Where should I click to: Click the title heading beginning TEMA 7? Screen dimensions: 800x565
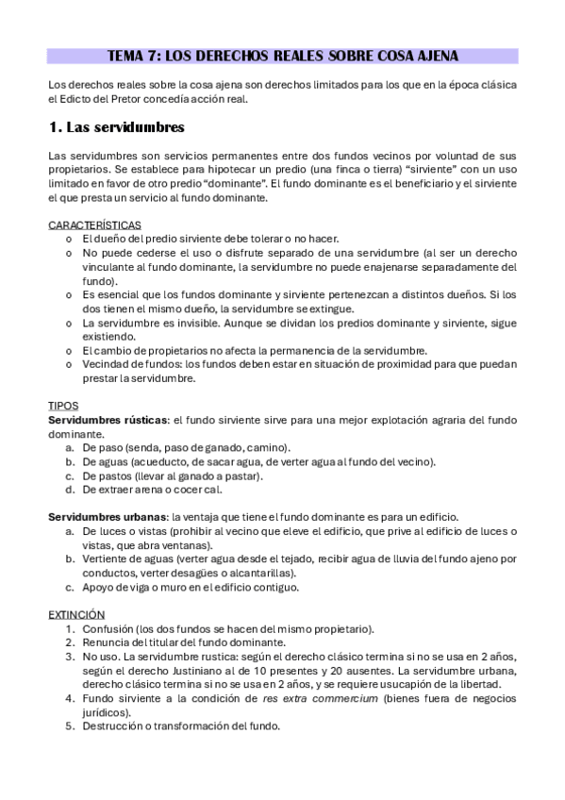tap(282, 55)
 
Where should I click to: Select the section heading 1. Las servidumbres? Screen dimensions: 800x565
tap(116, 126)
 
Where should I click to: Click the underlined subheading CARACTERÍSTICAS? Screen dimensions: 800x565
tap(94, 225)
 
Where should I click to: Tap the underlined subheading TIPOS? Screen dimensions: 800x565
tap(63, 405)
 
